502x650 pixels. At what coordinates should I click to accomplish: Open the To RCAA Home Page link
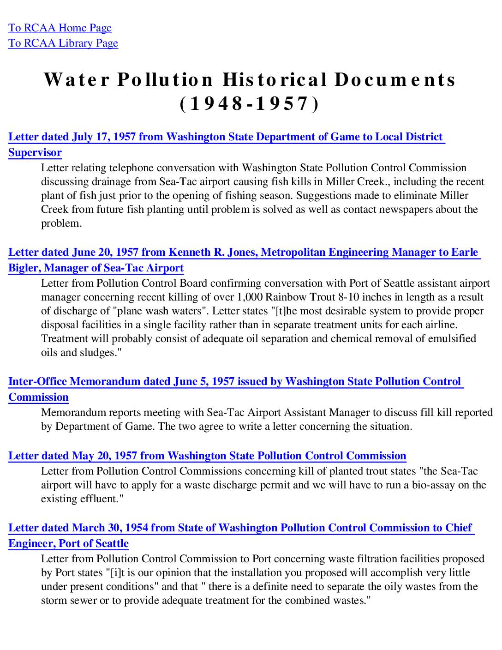pyautogui.click(x=60, y=28)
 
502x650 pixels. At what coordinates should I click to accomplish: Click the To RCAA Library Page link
pyautogui.click(x=63, y=43)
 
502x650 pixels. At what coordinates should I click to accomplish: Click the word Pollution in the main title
pyautogui.click(x=165, y=79)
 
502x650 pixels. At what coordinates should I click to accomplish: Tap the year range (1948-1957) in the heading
pyautogui.click(x=249, y=104)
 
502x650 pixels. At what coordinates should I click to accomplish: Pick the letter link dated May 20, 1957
pyautogui.click(x=207, y=456)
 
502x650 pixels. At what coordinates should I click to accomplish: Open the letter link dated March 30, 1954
pyautogui.click(x=240, y=528)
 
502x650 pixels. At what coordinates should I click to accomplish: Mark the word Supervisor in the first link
pyautogui.click(x=35, y=153)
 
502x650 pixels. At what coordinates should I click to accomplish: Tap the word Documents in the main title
pyautogui.click(x=395, y=79)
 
